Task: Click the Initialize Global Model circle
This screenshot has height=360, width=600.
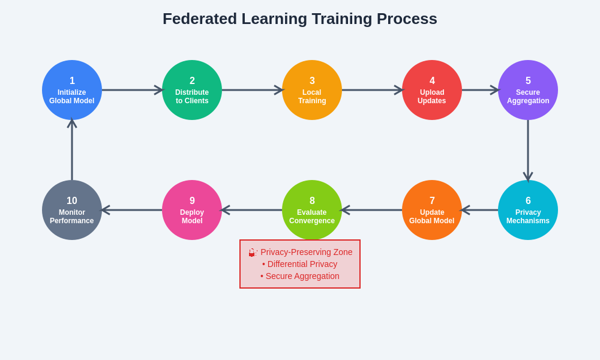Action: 72,90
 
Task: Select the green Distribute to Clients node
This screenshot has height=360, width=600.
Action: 192,90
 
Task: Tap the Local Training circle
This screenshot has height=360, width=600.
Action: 312,90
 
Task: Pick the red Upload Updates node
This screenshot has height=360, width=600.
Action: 432,90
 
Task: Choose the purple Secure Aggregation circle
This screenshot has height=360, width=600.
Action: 528,90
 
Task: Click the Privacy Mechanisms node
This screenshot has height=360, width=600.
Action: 528,210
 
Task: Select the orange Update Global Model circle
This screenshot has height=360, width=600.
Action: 432,210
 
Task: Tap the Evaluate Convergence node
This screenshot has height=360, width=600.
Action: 312,210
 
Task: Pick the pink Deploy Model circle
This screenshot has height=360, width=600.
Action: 192,210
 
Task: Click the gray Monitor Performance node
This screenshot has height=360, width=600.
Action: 72,210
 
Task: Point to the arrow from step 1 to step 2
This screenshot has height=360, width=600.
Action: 132,90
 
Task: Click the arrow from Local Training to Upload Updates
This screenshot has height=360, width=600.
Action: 372,90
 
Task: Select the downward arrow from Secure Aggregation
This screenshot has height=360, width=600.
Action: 528,150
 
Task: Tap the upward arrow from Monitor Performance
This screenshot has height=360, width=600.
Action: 72,150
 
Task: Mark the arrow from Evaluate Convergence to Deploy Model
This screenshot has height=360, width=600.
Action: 252,210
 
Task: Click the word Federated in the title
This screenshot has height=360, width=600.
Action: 199,19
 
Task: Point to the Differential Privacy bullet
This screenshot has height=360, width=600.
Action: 300,264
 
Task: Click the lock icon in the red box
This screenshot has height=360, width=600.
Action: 253,253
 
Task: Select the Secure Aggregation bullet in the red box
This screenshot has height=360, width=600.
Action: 300,276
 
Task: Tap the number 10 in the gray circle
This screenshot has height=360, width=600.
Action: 72,201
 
